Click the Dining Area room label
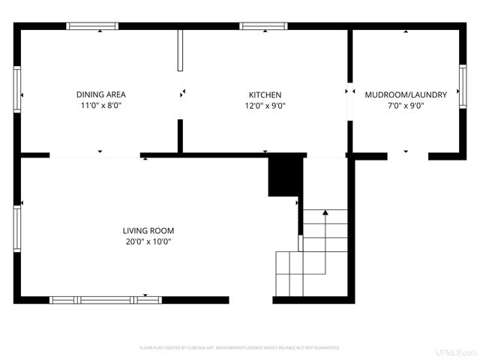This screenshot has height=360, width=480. tap(100, 94)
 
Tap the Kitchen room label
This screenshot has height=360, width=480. tap(265, 94)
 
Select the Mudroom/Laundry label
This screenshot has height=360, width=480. tap(406, 94)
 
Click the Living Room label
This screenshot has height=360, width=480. tap(148, 230)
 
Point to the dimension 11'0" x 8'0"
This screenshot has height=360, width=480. tap(100, 106)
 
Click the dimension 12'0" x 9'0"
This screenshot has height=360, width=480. tap(265, 106)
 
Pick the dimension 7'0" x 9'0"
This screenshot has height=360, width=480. tap(406, 106)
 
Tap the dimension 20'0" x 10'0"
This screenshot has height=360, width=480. tap(148, 241)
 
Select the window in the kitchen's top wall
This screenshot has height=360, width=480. tap(263, 26)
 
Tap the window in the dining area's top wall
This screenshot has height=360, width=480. tap(92, 26)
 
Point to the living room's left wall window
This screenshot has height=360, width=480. tap(17, 229)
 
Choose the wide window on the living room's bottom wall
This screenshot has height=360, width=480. tap(105, 300)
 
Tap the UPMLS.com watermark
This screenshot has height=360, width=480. tap(457, 352)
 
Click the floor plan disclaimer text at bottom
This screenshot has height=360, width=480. tap(240, 348)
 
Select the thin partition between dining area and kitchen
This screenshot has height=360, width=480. tap(180, 51)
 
